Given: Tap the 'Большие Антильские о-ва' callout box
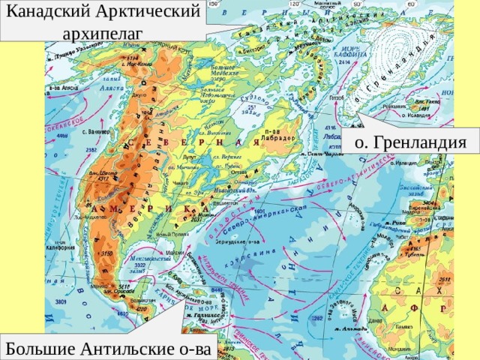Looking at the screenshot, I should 109,347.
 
